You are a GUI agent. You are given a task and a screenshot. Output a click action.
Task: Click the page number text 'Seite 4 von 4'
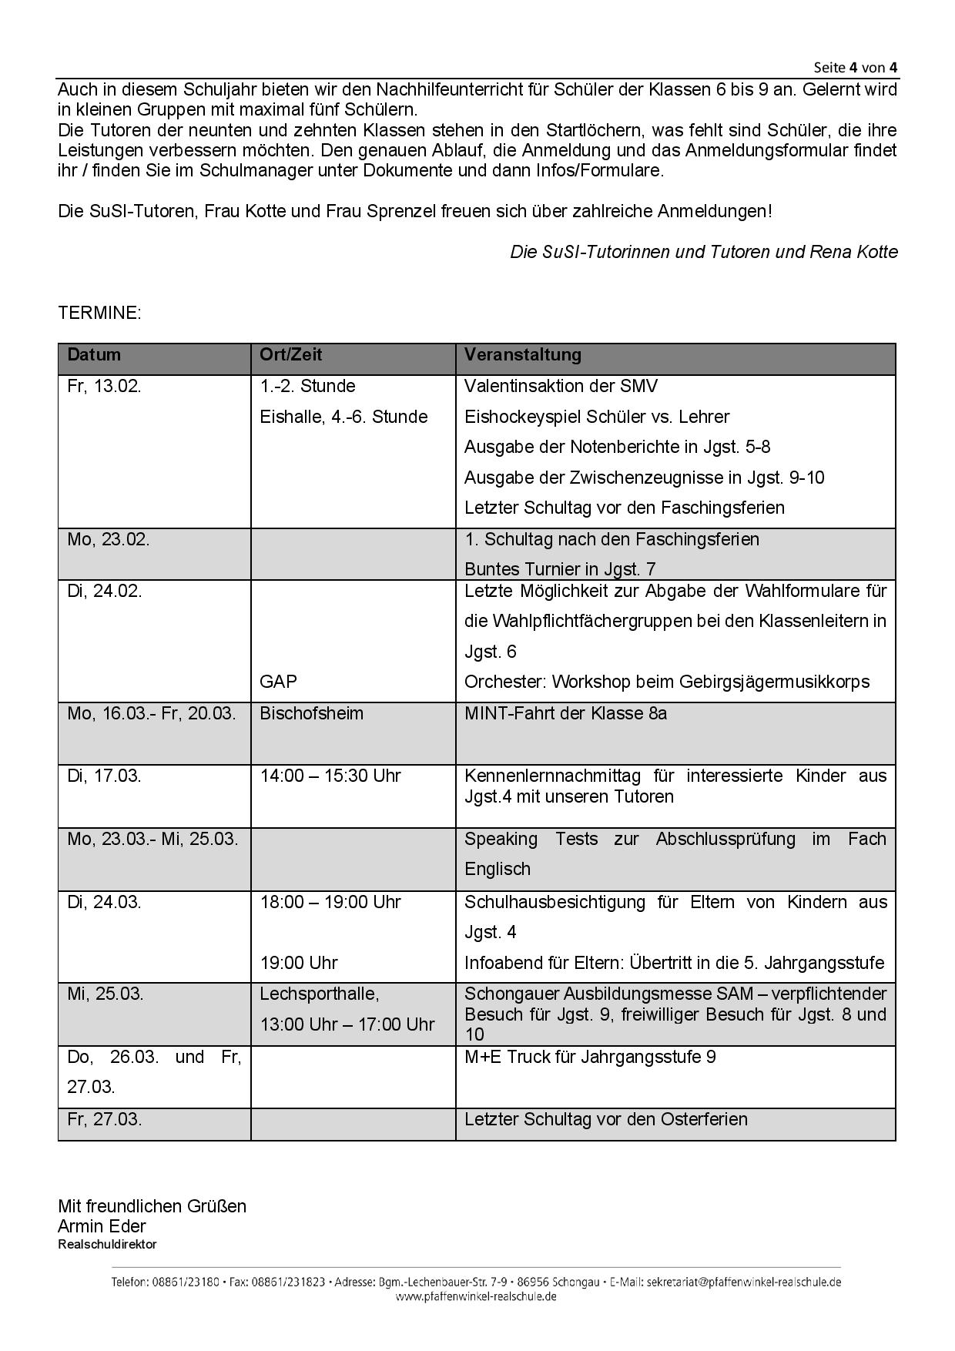855,67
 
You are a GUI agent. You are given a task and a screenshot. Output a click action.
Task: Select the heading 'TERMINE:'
99,313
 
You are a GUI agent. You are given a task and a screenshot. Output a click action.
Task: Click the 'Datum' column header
94,355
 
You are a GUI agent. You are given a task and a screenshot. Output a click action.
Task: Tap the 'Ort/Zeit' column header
290,355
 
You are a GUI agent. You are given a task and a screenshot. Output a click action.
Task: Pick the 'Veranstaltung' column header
522,355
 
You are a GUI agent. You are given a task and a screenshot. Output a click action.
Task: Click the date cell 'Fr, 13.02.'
104,386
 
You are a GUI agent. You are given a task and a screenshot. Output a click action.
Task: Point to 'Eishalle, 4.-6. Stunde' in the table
343,417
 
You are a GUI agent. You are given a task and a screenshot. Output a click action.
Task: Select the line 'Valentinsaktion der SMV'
561,386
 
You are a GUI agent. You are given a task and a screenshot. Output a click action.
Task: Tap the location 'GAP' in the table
278,682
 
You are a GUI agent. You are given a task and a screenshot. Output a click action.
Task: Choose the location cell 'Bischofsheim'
311,713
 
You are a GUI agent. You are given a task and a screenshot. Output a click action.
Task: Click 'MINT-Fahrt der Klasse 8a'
565,713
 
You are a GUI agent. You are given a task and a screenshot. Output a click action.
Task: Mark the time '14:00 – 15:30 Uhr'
330,776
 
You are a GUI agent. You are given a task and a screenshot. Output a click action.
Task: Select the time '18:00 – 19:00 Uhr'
330,902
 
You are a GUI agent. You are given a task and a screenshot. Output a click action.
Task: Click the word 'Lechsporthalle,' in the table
319,994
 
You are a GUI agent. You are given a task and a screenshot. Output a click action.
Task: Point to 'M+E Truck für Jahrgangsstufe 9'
590,1057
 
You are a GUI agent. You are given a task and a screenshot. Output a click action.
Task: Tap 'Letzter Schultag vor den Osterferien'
605,1119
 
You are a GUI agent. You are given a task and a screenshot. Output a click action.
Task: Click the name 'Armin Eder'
102,1226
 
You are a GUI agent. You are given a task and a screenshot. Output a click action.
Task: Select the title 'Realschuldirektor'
107,1244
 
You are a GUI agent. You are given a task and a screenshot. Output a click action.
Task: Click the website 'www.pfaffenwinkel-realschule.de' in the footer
476,1296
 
